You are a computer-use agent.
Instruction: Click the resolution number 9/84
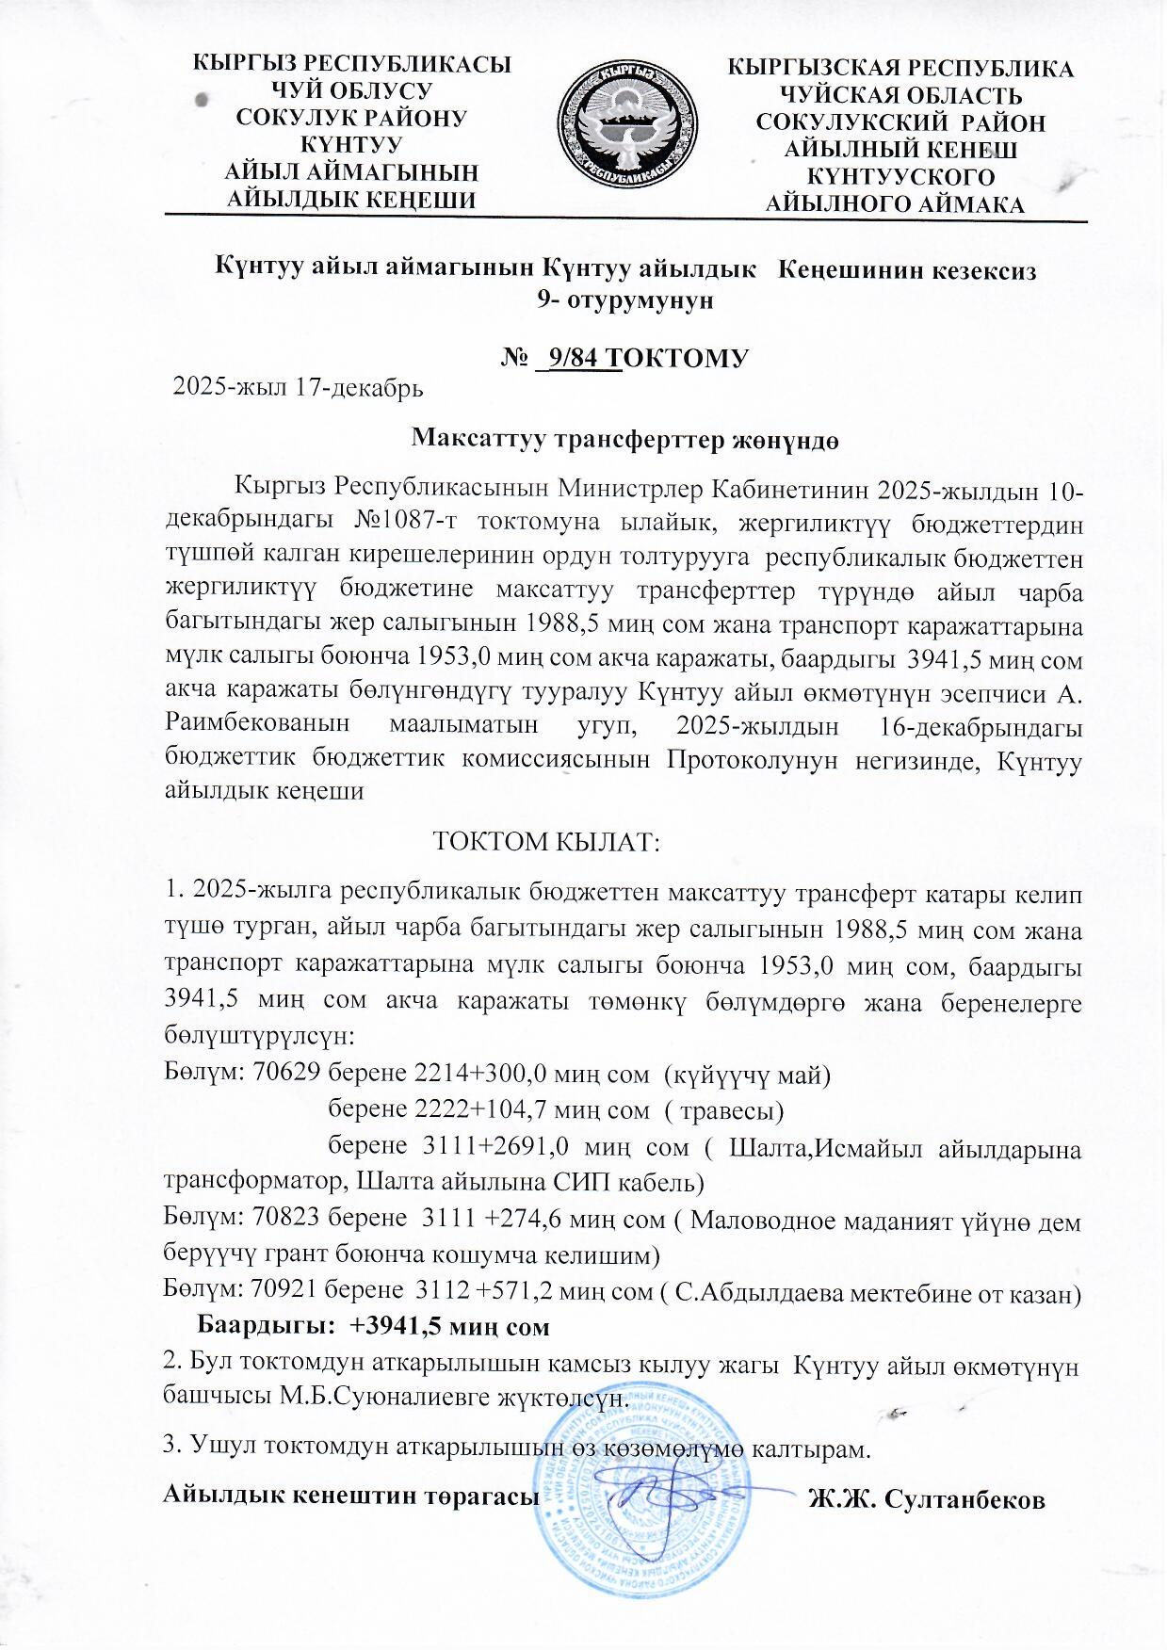[x=581, y=358]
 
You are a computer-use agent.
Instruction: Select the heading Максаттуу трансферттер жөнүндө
[x=625, y=439]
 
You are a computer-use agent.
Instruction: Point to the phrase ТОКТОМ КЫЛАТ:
[x=546, y=840]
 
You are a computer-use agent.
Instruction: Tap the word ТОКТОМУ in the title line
[x=684, y=358]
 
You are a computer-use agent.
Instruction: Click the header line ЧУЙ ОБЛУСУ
[x=351, y=91]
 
